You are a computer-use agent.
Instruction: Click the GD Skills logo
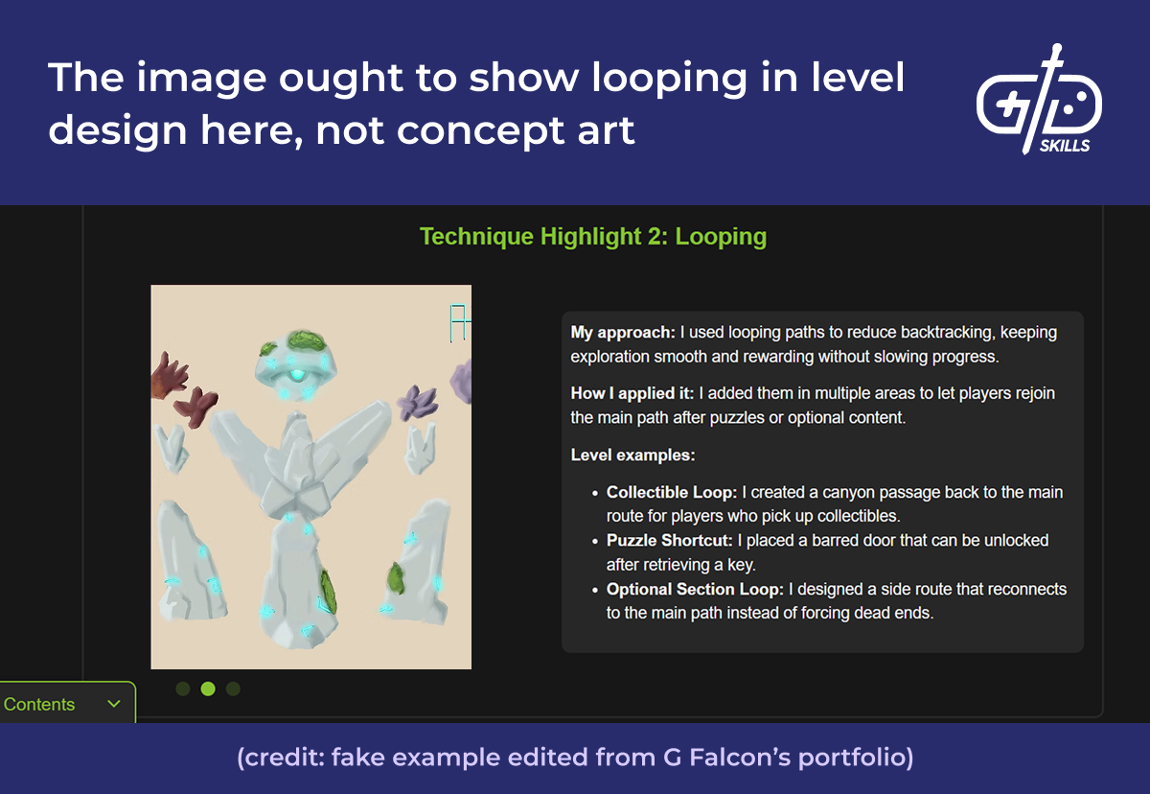tap(1038, 100)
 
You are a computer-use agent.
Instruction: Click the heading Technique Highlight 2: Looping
tap(593, 236)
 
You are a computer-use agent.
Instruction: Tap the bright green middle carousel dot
tap(208, 689)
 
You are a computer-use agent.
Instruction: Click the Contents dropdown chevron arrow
tap(114, 704)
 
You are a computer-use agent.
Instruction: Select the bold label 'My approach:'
tap(623, 333)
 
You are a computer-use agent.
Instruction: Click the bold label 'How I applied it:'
tap(632, 393)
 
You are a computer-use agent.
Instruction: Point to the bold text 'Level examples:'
tap(632, 455)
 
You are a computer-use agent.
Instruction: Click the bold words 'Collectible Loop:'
tap(671, 492)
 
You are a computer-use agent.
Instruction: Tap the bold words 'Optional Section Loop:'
tap(693, 589)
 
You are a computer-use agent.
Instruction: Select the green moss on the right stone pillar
tap(395, 578)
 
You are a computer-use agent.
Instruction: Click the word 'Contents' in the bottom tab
tap(39, 704)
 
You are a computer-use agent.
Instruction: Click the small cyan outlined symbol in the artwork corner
tap(457, 322)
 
